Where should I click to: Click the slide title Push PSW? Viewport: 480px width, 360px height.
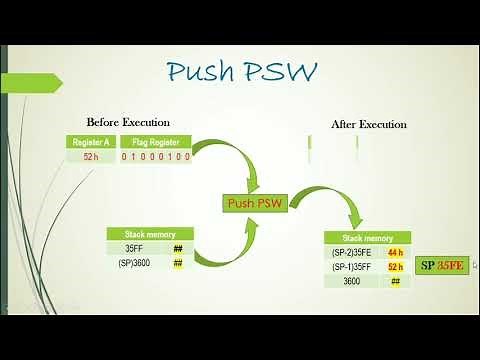coord(242,72)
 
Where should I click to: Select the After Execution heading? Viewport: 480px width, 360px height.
coord(368,125)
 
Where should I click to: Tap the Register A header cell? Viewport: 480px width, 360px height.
coord(90,142)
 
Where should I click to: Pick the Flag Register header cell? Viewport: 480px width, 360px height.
coord(155,142)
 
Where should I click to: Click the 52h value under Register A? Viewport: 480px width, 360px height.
coord(90,157)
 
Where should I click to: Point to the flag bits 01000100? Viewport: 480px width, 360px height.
coord(155,157)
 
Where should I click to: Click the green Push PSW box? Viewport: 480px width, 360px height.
coord(253,203)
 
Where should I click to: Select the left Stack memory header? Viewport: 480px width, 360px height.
coord(150,234)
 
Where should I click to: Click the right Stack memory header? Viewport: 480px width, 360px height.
coord(368,239)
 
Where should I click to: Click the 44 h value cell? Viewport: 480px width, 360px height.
coord(395,253)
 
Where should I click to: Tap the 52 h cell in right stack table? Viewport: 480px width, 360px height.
coord(395,267)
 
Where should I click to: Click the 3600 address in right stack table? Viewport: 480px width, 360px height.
coord(352,281)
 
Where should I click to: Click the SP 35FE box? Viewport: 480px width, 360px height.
coord(442,265)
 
